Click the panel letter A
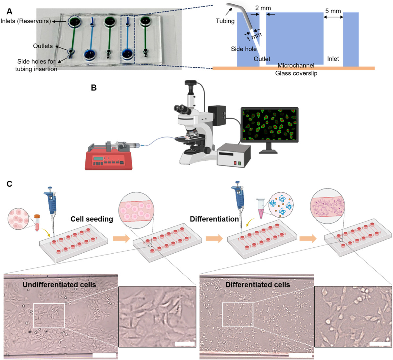point(9,11)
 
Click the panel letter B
point(94,88)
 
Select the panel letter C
point(9,184)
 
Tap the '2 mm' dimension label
point(263,8)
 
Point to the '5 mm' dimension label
point(333,11)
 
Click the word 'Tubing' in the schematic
point(225,21)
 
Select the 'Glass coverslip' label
point(296,73)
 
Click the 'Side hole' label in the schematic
point(244,49)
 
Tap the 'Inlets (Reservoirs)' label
point(26,21)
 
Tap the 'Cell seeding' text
point(92,219)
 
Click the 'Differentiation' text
point(214,219)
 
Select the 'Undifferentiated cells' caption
point(59,284)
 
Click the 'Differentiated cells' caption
point(257,284)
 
